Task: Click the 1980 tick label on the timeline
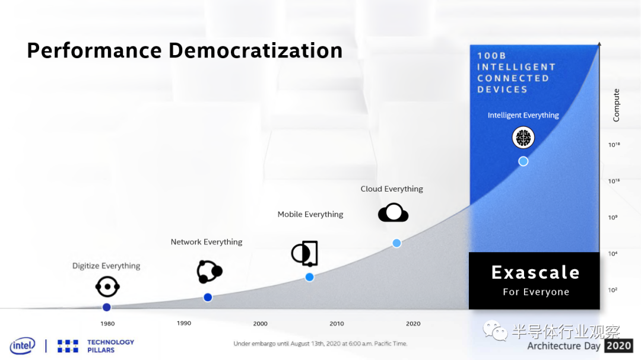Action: pyautogui.click(x=107, y=324)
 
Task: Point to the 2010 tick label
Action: pyautogui.click(x=337, y=324)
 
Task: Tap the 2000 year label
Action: pyautogui.click(x=261, y=324)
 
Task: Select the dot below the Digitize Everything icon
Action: pyautogui.click(x=107, y=307)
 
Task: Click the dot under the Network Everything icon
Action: pyautogui.click(x=208, y=298)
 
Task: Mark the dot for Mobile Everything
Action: pyautogui.click(x=309, y=277)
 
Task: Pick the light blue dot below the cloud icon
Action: pyautogui.click(x=396, y=243)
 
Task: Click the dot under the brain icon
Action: pyautogui.click(x=523, y=161)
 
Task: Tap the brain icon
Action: pyautogui.click(x=523, y=138)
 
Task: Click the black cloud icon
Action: pyautogui.click(x=394, y=212)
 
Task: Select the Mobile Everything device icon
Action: pyautogui.click(x=304, y=253)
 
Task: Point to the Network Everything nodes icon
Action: pyautogui.click(x=210, y=271)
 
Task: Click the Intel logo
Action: pyautogui.click(x=23, y=346)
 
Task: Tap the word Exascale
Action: pyautogui.click(x=535, y=273)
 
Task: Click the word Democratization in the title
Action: pyautogui.click(x=255, y=50)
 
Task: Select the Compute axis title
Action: pyautogui.click(x=616, y=105)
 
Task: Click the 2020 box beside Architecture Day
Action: pyautogui.click(x=619, y=346)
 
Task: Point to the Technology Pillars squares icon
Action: pyautogui.click(x=68, y=346)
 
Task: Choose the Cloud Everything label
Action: pyautogui.click(x=392, y=189)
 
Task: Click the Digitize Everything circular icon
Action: pyautogui.click(x=107, y=287)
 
